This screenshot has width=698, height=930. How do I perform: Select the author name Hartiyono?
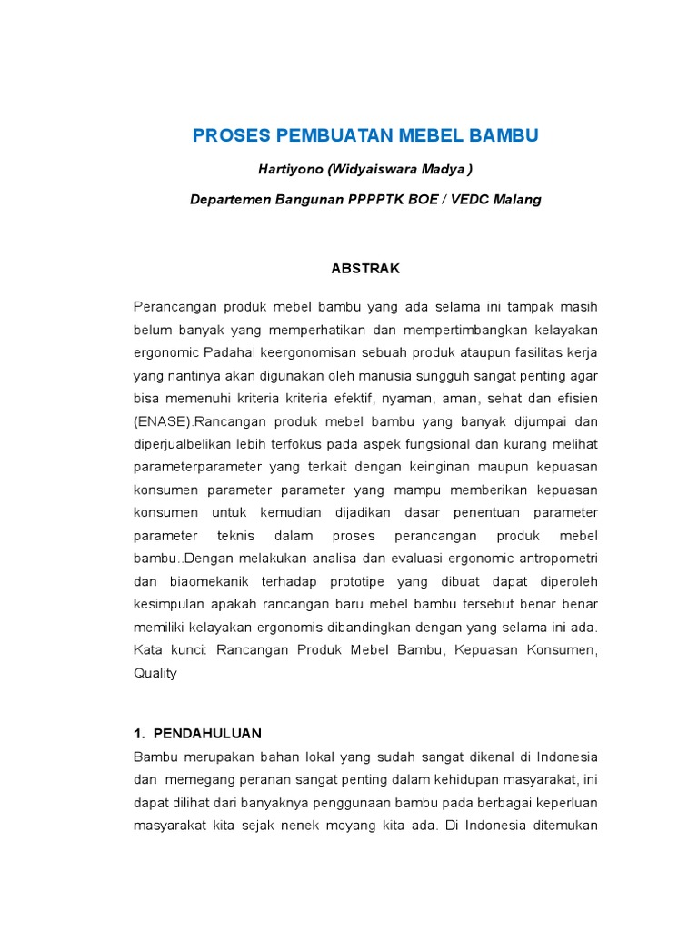coord(290,169)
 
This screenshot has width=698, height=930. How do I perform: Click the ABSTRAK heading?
coord(364,269)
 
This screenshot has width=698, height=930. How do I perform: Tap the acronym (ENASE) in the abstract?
coord(164,421)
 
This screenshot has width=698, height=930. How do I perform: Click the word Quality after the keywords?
coord(155,673)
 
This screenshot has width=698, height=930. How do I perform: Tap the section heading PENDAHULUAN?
coord(207,733)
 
